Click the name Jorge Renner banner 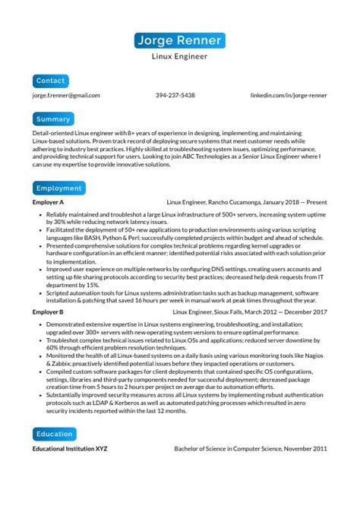click(180, 40)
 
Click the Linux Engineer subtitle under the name click(180, 56)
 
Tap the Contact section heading click(51, 80)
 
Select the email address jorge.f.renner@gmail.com click(66, 96)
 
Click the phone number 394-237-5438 click(175, 96)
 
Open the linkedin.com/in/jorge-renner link click(289, 96)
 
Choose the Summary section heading click(53, 119)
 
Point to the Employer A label click(48, 203)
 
